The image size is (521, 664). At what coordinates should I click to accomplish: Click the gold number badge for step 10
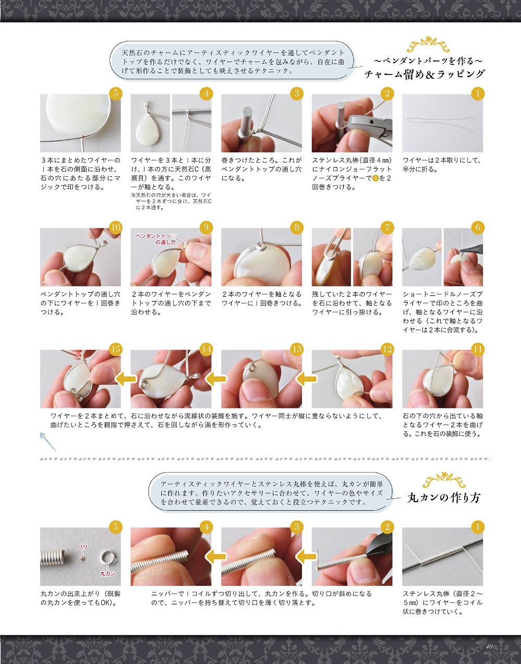click(115, 227)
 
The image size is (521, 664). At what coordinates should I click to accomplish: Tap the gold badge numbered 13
click(297, 349)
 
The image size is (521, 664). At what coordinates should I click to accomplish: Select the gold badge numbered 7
click(387, 227)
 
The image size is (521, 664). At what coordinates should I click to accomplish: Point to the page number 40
click(489, 646)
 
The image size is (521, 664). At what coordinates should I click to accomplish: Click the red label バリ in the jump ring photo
click(82, 546)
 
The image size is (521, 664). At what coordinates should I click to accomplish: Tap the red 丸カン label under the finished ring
click(107, 574)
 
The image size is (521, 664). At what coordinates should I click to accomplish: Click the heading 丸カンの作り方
click(444, 498)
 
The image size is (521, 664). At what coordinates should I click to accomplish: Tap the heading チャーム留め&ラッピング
click(425, 74)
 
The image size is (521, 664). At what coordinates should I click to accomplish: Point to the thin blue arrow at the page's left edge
click(47, 441)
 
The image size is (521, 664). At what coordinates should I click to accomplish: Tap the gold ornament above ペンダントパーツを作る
click(428, 44)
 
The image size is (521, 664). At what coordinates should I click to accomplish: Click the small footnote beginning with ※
click(171, 201)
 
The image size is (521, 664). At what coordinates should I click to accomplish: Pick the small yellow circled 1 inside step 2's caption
click(376, 178)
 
